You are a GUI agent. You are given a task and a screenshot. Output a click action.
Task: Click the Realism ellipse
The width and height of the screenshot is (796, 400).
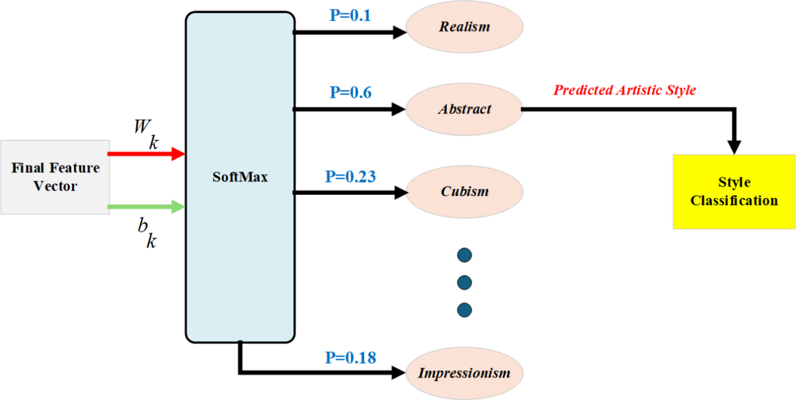[x=464, y=26]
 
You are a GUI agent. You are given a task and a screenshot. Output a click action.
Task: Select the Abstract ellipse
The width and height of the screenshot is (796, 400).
[x=464, y=109]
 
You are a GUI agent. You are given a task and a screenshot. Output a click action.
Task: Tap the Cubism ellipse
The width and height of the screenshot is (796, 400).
[x=464, y=192]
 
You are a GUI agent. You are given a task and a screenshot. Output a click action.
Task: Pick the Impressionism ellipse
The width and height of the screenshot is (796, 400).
[x=464, y=373]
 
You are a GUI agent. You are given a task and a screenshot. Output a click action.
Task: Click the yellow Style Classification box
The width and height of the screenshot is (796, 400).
[x=734, y=192]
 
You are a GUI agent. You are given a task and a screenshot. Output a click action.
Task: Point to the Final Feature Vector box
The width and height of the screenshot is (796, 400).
[x=55, y=177]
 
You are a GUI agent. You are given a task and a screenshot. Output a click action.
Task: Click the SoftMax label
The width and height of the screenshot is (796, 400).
[x=240, y=177]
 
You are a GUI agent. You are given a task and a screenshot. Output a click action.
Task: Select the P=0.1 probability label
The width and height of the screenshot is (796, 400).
[x=350, y=15]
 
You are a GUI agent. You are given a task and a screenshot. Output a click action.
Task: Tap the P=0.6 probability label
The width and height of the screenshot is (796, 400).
[x=350, y=92]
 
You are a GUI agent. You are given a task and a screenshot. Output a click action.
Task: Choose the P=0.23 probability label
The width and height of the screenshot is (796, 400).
[x=350, y=177]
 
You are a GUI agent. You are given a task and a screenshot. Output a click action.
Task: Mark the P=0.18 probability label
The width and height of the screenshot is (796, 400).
[x=350, y=358]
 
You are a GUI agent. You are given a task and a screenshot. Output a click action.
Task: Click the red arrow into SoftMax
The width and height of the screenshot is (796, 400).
[x=144, y=154]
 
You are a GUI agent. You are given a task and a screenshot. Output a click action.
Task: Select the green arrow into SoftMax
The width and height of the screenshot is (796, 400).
[x=144, y=207]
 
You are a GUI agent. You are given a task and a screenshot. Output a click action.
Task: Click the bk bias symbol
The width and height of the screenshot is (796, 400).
[x=147, y=232]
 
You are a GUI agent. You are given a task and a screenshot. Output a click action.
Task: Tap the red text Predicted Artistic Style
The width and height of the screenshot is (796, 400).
[x=624, y=90]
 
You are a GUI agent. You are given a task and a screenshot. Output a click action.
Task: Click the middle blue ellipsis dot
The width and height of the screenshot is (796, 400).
[x=464, y=283]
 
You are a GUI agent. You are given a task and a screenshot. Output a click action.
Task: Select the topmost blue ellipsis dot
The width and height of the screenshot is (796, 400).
[x=464, y=255]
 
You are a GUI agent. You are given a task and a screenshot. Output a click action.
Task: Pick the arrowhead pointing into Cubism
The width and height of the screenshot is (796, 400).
[x=400, y=193]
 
